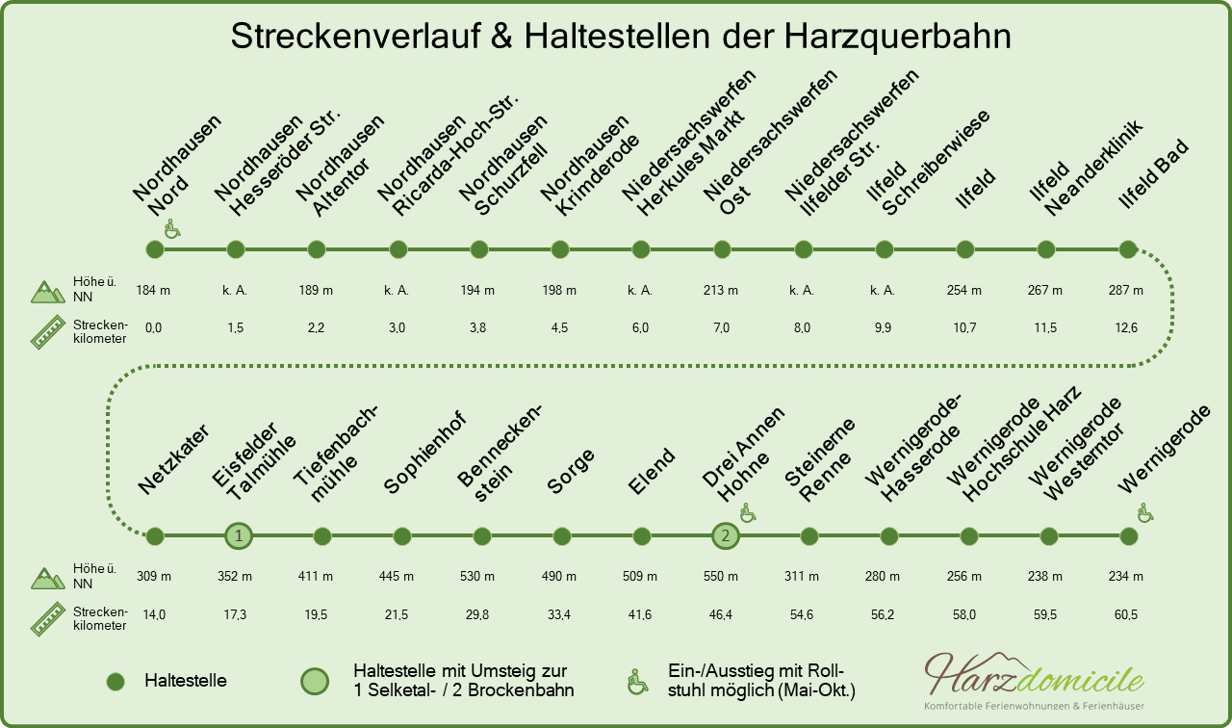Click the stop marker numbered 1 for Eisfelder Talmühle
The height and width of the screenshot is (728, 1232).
(x=239, y=535)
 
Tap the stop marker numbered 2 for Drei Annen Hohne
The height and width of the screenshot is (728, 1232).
(x=726, y=535)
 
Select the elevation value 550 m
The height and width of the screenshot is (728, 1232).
(x=721, y=576)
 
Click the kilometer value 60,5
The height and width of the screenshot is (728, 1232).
(x=1126, y=614)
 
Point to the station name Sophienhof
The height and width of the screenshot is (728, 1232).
(x=424, y=453)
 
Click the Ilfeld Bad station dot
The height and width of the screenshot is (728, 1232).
(x=1128, y=249)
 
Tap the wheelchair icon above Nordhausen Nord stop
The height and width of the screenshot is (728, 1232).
(x=172, y=229)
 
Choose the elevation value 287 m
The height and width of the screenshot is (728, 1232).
(x=1126, y=290)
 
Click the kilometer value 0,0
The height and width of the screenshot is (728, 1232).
(x=153, y=328)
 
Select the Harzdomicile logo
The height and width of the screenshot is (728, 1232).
(x=1034, y=681)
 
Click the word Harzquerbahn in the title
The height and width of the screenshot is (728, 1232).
(x=897, y=37)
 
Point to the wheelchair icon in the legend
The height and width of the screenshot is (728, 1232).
(x=637, y=682)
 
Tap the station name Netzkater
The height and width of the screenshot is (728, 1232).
(x=173, y=459)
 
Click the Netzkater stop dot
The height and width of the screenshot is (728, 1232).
(x=155, y=535)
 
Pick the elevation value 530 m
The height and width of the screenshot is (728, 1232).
(x=476, y=576)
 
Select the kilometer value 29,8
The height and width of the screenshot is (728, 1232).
(x=476, y=614)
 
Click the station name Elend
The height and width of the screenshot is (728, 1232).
(x=652, y=471)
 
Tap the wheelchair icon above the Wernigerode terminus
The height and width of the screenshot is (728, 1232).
(x=1145, y=513)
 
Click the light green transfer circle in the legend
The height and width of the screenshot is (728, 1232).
(x=315, y=681)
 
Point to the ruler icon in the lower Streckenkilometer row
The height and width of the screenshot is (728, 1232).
(x=48, y=619)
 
